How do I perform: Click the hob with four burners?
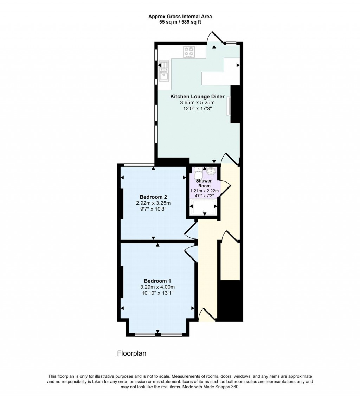click(189, 52)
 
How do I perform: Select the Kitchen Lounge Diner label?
click(197, 96)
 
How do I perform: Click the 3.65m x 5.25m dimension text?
click(197, 102)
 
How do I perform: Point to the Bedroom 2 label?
click(153, 197)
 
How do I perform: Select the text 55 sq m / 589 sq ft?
click(180, 22)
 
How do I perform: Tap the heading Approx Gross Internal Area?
click(180, 16)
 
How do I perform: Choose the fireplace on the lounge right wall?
click(230, 106)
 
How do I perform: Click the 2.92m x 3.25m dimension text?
click(153, 203)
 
